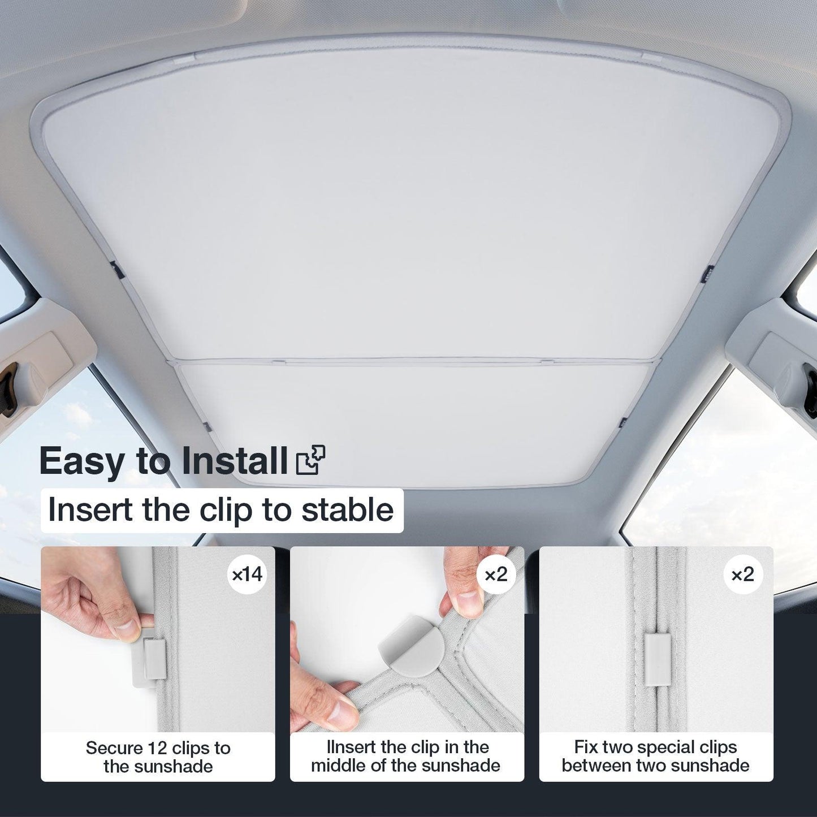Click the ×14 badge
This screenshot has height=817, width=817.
point(248,575)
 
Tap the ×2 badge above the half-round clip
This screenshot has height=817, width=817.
point(496,575)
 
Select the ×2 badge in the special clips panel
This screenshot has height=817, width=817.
point(743,575)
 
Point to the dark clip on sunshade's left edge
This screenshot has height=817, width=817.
point(116,270)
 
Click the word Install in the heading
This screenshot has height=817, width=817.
point(235,460)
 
